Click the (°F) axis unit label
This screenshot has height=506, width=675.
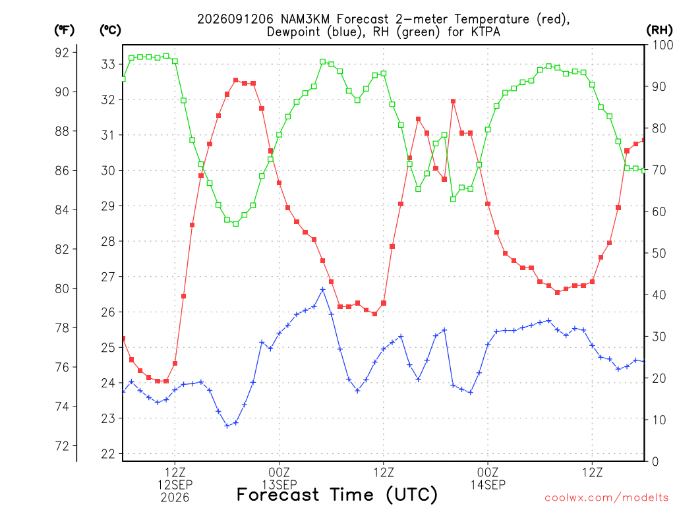click(64, 30)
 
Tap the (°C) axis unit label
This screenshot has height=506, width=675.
click(111, 30)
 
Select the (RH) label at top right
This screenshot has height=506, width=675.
click(659, 30)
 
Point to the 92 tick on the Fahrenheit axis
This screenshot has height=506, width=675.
click(62, 53)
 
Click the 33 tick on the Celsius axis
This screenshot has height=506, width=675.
click(108, 65)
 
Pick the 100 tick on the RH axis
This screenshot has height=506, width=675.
click(662, 45)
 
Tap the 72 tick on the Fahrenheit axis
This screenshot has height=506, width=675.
click(62, 446)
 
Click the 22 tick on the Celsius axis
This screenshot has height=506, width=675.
click(108, 454)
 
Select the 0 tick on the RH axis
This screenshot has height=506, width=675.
click(655, 462)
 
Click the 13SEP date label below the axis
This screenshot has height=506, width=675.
click(279, 485)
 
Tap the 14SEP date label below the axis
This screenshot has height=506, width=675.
click(488, 485)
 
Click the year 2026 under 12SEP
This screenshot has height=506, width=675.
click(175, 498)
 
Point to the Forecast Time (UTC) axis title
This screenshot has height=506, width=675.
click(337, 495)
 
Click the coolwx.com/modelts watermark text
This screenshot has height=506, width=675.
click(606, 498)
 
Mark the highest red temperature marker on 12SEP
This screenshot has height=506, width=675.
click(235, 80)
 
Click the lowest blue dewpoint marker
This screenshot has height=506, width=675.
click(227, 426)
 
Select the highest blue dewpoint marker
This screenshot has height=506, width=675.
click(322, 290)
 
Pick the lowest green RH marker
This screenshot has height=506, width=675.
click(235, 224)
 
